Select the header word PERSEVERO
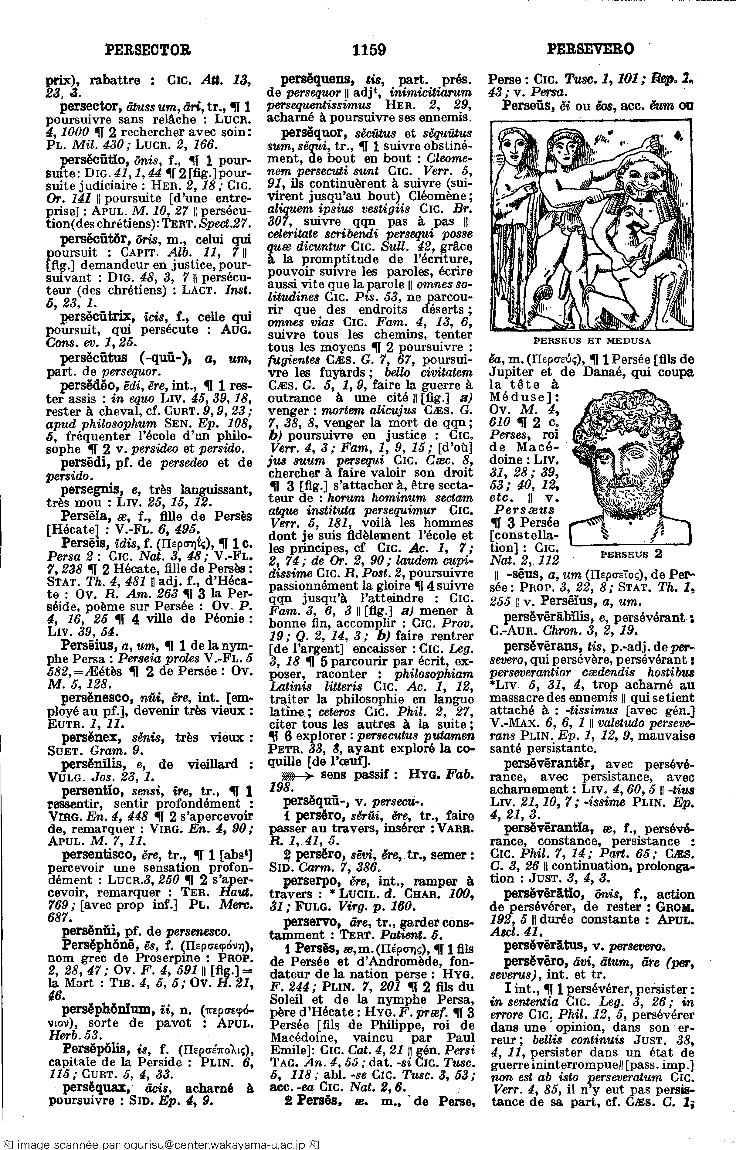(591, 49)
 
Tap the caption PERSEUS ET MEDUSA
(592, 341)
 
